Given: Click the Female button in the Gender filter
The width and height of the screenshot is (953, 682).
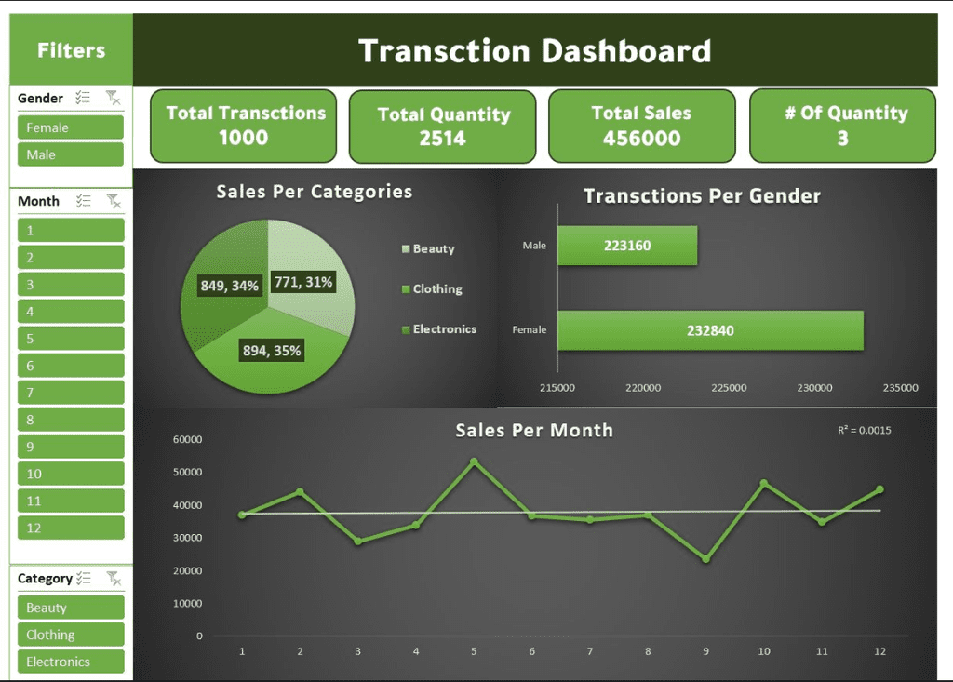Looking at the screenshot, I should (x=70, y=127).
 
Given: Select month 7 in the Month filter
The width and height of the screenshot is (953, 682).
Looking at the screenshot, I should (x=70, y=393).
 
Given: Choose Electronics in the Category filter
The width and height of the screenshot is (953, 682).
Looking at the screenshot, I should (x=70, y=662).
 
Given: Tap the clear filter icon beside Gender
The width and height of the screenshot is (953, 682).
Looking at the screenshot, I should (x=113, y=98).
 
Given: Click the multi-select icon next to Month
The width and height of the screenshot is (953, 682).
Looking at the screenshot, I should (x=84, y=201).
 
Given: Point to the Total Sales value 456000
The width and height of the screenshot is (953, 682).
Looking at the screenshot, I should (x=641, y=139).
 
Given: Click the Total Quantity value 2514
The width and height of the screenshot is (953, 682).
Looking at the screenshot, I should (x=442, y=139).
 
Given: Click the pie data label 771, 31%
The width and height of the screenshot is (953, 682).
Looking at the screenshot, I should (x=303, y=282).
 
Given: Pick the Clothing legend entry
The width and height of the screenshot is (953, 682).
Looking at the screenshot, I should (x=436, y=289).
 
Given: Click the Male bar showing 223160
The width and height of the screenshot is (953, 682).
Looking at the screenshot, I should (x=626, y=246).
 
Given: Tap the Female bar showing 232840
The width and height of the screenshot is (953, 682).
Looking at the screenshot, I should (x=710, y=330).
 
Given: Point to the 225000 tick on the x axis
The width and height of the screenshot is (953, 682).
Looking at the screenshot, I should (x=729, y=388).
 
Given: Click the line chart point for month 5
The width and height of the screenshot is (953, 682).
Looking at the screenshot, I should (x=474, y=461).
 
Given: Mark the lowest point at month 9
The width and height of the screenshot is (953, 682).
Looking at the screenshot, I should (x=705, y=559).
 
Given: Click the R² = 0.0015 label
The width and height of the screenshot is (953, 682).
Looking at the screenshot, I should (x=865, y=430).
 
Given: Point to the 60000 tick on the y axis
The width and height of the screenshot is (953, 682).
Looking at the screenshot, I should (x=187, y=439).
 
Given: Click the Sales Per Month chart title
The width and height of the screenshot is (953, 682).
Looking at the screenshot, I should (x=533, y=430).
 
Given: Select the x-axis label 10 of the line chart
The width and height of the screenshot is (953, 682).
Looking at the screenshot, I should (x=764, y=651).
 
